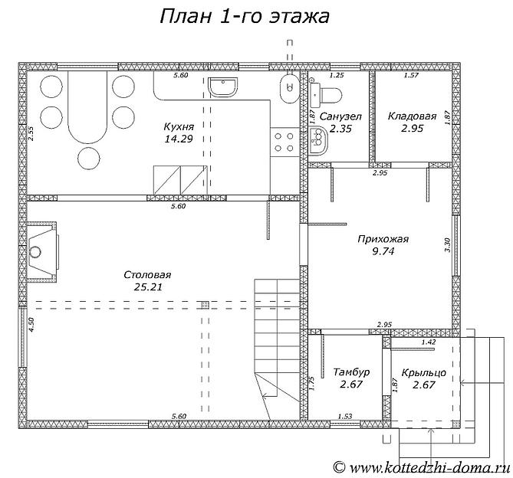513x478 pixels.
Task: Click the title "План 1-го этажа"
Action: (244, 17)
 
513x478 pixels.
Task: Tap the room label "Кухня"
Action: (178, 126)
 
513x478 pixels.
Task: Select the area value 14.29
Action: (178, 139)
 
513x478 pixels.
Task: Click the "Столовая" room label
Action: (147, 274)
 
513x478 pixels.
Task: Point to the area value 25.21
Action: (147, 287)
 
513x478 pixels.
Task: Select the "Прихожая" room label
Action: (383, 239)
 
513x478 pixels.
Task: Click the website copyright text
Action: (421, 467)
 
